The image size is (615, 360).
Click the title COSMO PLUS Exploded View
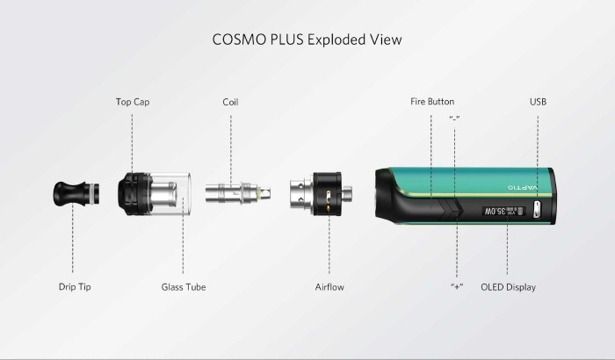point(307,40)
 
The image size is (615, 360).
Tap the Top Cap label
point(133,102)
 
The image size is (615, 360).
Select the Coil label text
point(230,102)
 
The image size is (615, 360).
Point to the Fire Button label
point(432,102)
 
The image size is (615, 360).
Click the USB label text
point(538,102)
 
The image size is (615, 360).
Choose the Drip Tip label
point(75,286)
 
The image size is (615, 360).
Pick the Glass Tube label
point(183,287)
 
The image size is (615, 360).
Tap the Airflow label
point(329,287)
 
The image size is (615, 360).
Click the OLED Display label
point(508,287)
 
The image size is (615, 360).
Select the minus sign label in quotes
point(454,118)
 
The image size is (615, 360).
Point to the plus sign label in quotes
point(457,286)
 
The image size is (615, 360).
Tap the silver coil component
point(238,192)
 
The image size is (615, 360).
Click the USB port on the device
point(536,209)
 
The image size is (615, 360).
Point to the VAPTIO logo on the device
point(523,187)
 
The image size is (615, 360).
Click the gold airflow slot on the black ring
point(329,193)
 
